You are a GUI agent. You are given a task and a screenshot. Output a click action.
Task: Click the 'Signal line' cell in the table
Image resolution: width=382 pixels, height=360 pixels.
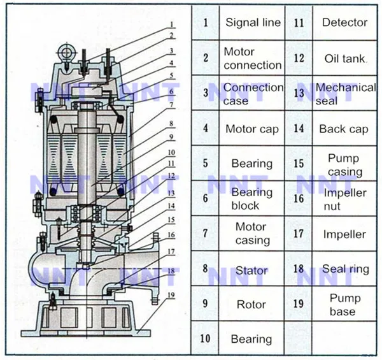tap(253, 22)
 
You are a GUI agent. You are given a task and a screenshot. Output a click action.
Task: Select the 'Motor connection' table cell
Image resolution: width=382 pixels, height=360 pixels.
tap(252, 58)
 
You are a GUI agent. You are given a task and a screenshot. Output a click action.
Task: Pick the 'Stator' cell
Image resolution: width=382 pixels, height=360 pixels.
tap(251, 270)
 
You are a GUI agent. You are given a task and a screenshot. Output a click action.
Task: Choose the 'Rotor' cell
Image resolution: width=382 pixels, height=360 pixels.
tap(251, 305)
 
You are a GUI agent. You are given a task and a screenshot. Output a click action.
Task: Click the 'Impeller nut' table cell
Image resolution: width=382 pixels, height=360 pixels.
tap(345, 199)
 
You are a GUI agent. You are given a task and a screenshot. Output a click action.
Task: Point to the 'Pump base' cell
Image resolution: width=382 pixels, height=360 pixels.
tap(345, 305)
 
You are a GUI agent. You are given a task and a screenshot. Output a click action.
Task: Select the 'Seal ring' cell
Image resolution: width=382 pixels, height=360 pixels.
tap(345, 269)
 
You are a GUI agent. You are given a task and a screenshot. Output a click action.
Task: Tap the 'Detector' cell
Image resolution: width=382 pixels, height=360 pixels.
tap(344, 22)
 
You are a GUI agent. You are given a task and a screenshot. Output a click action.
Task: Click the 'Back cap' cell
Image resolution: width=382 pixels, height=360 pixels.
tap(344, 129)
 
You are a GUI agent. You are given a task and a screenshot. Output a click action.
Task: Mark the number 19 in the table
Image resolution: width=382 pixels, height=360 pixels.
tap(298, 304)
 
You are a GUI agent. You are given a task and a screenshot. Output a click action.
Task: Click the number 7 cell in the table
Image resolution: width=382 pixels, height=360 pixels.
tap(205, 233)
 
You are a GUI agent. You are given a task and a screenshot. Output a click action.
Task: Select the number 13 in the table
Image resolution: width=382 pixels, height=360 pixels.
tap(298, 93)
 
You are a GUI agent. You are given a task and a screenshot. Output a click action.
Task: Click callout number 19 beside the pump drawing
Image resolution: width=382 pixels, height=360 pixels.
tap(171, 295)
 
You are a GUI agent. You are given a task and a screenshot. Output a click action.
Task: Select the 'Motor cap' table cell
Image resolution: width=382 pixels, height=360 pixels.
tap(252, 129)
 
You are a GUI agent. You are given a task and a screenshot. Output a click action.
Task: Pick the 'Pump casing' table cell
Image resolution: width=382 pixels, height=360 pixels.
tap(345, 164)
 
